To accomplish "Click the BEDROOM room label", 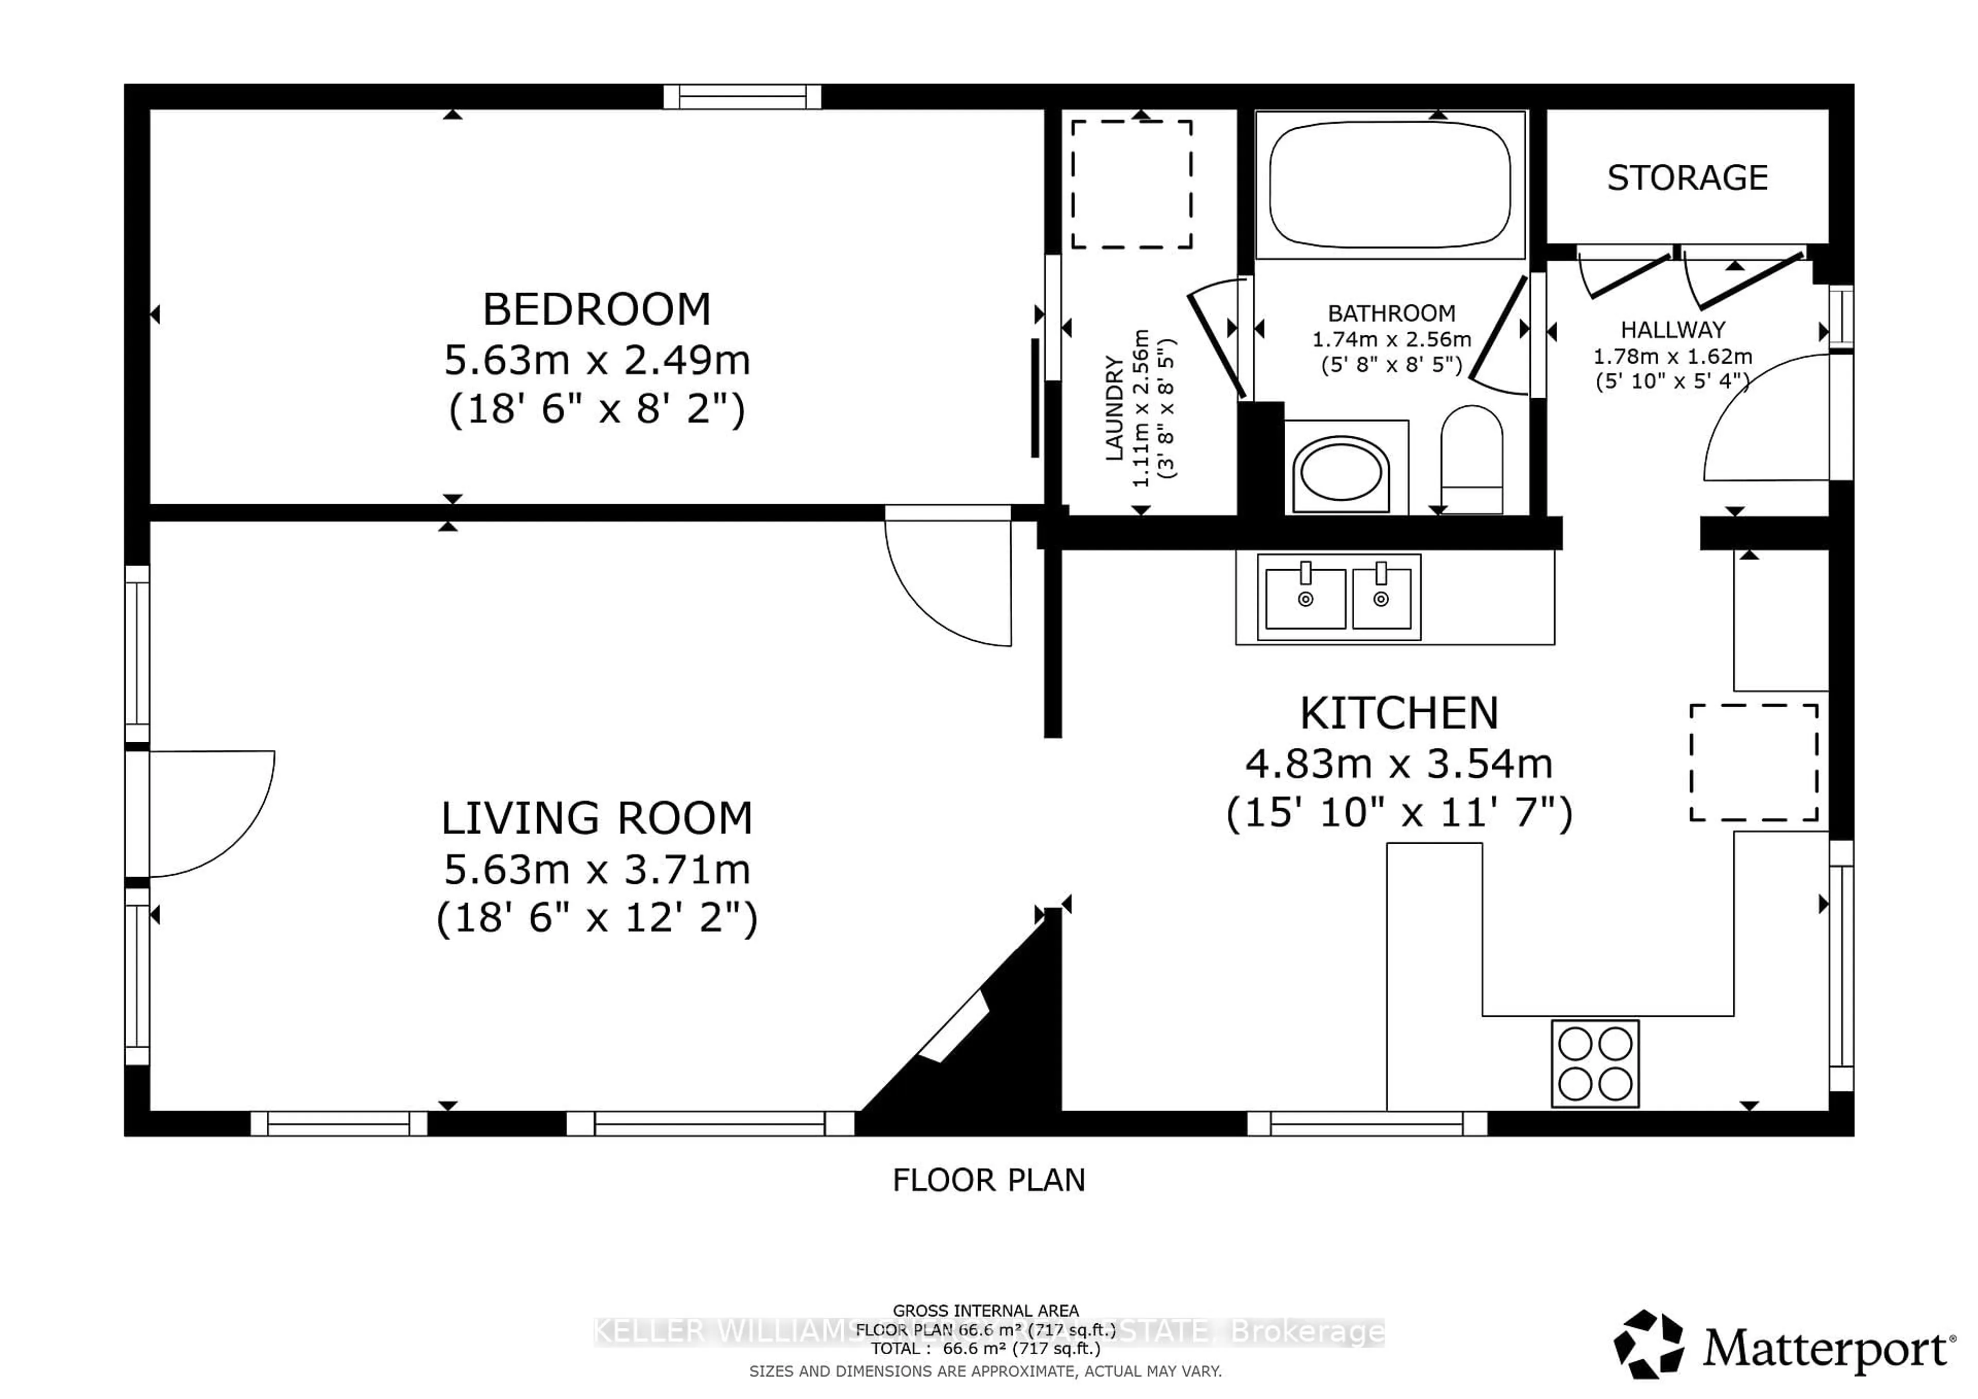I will click(x=596, y=309).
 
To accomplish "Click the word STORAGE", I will click(x=1687, y=178).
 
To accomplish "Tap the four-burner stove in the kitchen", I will click(x=1595, y=1064).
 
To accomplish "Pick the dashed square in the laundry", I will click(x=1131, y=184).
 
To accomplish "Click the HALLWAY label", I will click(x=1672, y=330).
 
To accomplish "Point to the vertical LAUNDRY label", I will click(x=1114, y=409).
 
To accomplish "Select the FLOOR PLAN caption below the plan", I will click(x=988, y=1180).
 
